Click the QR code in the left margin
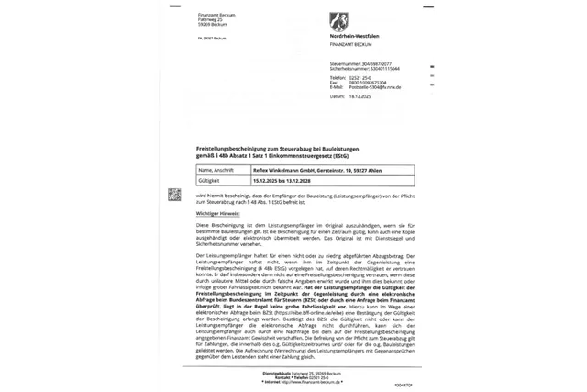[x=174, y=196]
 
